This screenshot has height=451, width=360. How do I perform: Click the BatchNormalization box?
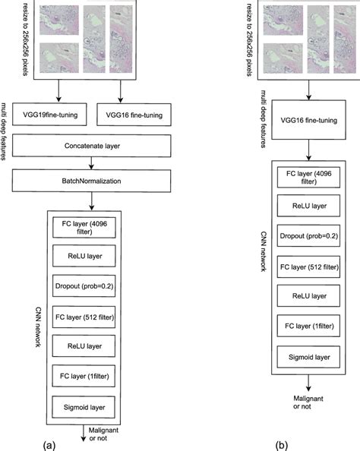(92, 181)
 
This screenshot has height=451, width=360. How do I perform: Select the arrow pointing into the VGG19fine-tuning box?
(58, 93)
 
